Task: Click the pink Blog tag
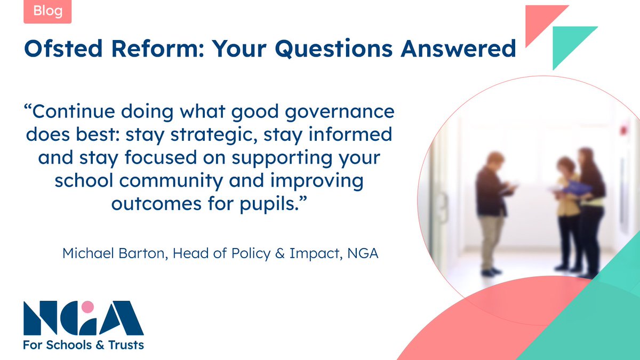47,11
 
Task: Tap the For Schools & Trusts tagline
83,345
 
